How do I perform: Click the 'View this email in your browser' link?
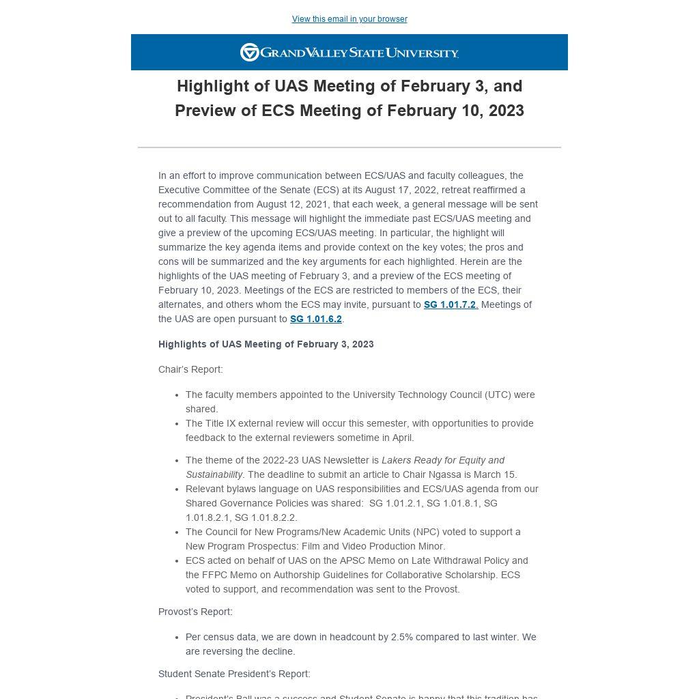click(x=349, y=19)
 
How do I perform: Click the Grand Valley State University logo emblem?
click(x=250, y=53)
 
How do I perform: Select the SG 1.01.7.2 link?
click(x=450, y=305)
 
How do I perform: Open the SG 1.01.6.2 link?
click(x=315, y=319)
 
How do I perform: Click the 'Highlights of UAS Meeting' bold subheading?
click(x=266, y=345)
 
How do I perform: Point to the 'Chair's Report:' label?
click(x=190, y=370)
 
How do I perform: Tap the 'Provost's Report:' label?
click(x=195, y=612)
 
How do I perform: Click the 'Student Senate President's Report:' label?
click(x=234, y=674)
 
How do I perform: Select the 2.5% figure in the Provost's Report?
click(x=402, y=638)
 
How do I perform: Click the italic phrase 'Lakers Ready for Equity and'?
click(x=443, y=461)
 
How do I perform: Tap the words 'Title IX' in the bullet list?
click(x=225, y=424)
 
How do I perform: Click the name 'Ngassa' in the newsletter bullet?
click(x=430, y=475)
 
